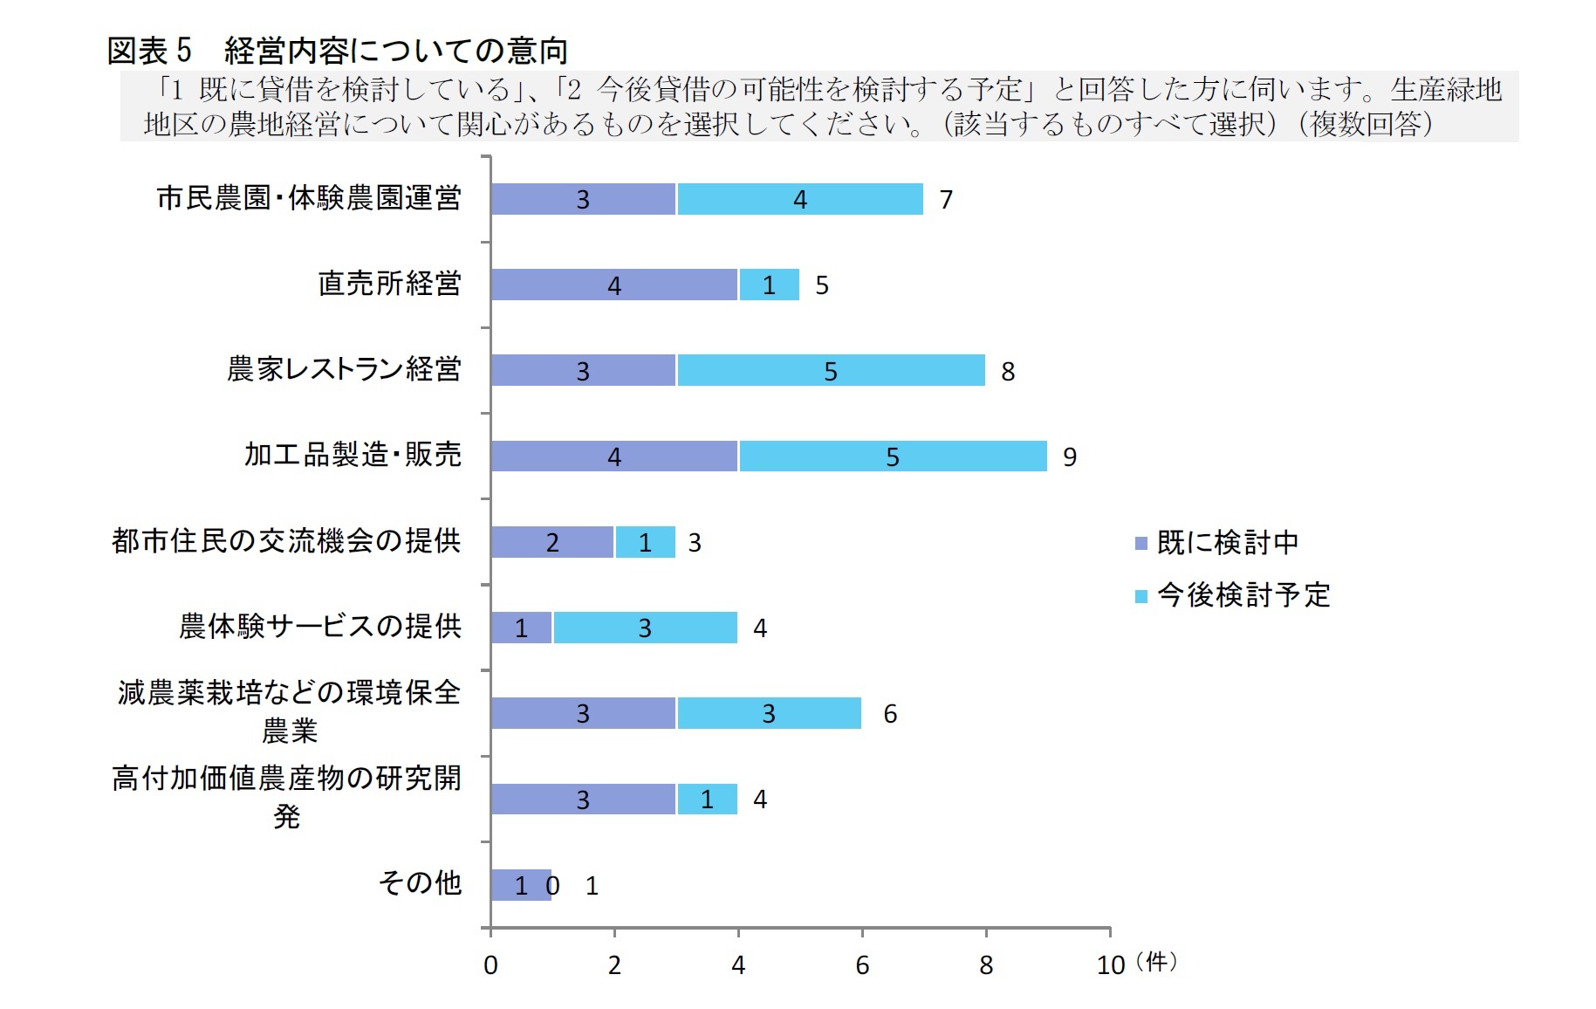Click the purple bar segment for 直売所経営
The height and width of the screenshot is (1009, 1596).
tap(613, 285)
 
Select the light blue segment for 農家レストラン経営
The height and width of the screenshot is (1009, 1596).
tap(830, 371)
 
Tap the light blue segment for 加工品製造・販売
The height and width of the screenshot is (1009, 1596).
tap(892, 456)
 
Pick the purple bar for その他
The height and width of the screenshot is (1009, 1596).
tap(520, 885)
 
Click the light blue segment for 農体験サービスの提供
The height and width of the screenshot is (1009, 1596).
tap(645, 628)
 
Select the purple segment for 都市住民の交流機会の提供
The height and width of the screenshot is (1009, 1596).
tap(551, 542)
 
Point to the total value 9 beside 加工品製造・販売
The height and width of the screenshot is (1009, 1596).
tap(1069, 456)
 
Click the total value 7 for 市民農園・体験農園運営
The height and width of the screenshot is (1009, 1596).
tap(946, 200)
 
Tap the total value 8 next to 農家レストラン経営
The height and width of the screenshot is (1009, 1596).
tap(1007, 372)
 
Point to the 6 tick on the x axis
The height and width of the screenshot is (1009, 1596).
tap(861, 964)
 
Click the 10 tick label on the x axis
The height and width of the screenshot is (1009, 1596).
tap(1110, 964)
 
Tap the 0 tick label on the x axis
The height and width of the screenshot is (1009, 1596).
tap(490, 964)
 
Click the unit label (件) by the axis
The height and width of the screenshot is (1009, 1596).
tap(1156, 962)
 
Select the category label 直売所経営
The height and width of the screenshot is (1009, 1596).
tap(388, 284)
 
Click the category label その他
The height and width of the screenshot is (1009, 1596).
tap(419, 883)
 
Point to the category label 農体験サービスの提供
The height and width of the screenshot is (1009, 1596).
tap(319, 627)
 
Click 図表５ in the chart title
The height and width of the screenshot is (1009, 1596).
tap(148, 51)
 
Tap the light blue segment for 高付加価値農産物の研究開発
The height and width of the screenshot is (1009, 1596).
tap(707, 800)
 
